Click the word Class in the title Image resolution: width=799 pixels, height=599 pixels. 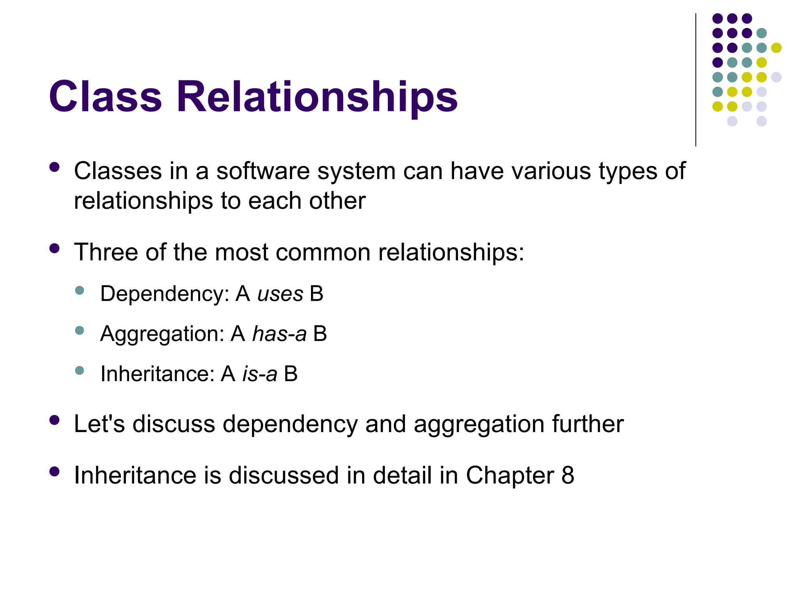point(105,96)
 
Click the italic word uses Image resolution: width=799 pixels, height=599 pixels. point(280,294)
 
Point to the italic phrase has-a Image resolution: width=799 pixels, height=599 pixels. point(279,334)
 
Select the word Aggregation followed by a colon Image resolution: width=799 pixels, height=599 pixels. point(162,334)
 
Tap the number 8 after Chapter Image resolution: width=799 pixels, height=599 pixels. point(568,475)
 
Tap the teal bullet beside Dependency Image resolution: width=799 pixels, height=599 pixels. point(80,290)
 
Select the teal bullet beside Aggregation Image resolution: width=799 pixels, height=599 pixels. point(80,330)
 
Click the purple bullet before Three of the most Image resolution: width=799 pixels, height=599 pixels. point(55,248)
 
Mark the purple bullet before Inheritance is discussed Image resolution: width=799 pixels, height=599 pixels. point(55,472)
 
